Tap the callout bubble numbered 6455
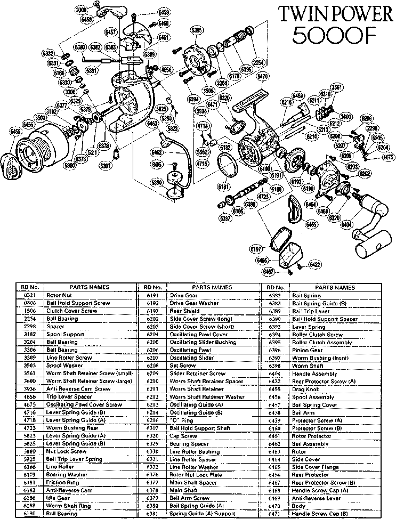[15, 131]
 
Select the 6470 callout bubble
[262, 77]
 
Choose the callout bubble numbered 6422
[315, 264]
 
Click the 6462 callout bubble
[157, 152]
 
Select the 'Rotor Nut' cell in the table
[56, 295]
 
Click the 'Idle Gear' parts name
[56, 497]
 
